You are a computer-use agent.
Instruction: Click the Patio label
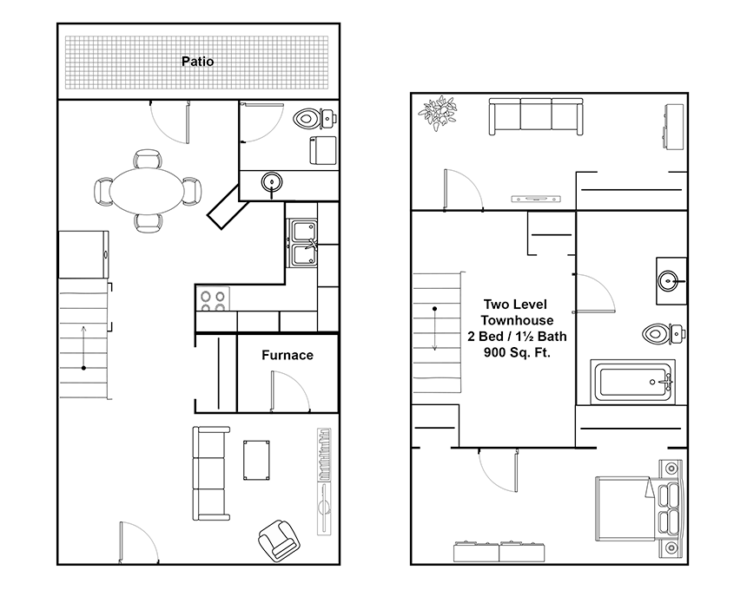point(198,62)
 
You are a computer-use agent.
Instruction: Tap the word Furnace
point(288,355)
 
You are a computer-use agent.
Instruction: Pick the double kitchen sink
point(302,243)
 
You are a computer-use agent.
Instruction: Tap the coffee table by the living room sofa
point(256,460)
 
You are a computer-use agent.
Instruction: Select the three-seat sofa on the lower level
point(210,474)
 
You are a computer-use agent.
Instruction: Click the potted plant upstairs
point(438,114)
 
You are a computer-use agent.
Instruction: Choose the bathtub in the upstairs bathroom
point(633,382)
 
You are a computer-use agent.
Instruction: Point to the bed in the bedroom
point(639,509)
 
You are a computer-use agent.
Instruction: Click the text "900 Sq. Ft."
point(517,352)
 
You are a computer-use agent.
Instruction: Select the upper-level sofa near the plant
point(536,116)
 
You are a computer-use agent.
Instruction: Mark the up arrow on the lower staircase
point(84,347)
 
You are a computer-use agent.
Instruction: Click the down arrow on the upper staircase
point(434,329)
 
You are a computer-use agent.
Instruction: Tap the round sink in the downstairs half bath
point(272,182)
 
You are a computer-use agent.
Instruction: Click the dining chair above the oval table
point(147,159)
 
